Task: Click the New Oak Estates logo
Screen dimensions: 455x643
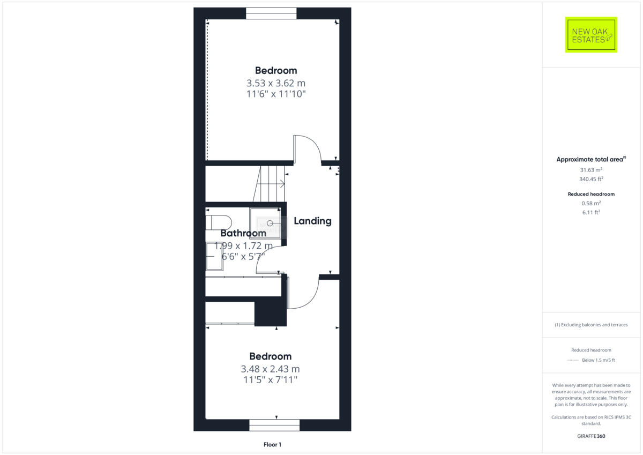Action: [591, 35]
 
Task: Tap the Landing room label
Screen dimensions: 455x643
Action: [312, 221]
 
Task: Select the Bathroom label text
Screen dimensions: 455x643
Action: [243, 233]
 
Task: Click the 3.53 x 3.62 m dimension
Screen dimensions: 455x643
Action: [276, 83]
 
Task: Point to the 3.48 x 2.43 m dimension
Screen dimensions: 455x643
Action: [270, 369]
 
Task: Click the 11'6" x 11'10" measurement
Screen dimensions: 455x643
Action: [276, 94]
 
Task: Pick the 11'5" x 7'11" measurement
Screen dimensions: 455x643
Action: [270, 380]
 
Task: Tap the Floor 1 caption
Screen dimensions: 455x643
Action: [272, 444]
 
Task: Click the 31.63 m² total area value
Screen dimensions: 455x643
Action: [590, 169]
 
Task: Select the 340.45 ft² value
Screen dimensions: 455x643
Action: [590, 180]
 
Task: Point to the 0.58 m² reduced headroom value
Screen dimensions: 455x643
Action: [590, 203]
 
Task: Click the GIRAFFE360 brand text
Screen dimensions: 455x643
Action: [590, 436]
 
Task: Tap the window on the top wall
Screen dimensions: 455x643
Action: [271, 13]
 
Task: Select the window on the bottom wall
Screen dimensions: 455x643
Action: [274, 425]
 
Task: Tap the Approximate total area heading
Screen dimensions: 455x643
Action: [590, 159]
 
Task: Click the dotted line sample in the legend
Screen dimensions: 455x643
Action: [573, 360]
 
